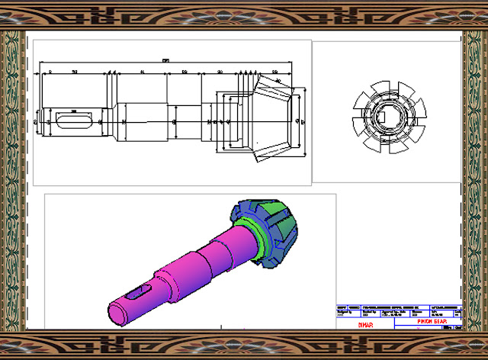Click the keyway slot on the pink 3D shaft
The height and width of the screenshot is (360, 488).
(x=139, y=291)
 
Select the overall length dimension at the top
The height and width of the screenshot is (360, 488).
(x=165, y=60)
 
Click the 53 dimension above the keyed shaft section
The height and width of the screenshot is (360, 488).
(x=75, y=71)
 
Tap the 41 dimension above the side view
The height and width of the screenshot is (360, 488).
(x=143, y=71)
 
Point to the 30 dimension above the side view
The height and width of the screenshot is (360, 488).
(x=220, y=71)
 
